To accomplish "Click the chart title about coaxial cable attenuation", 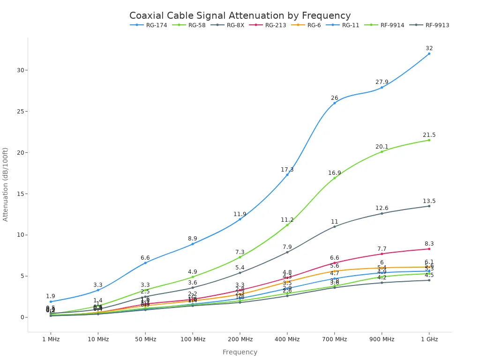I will pyautogui.click(x=240, y=15).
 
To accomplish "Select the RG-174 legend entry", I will pyautogui.click(x=154, y=25).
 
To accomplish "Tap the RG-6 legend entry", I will pyautogui.click(x=314, y=25).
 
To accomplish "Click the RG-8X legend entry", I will pyautogui.click(x=235, y=25).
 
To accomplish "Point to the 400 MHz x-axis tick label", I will pyautogui.click(x=287, y=339).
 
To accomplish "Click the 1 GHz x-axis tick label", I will pyautogui.click(x=429, y=339).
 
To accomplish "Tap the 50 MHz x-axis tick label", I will pyautogui.click(x=145, y=339).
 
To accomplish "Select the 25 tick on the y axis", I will pyautogui.click(x=20, y=112).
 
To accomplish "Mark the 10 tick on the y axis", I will pyautogui.click(x=20, y=235).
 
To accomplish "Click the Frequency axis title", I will pyautogui.click(x=240, y=352).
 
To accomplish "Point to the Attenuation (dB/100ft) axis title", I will pyautogui.click(x=6, y=184).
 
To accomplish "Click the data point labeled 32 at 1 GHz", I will pyautogui.click(x=429, y=53).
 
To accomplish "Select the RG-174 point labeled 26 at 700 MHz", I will pyautogui.click(x=334, y=103).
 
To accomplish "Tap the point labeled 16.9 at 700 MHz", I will pyautogui.click(x=334, y=178).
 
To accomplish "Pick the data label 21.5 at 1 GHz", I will pyautogui.click(x=429, y=135).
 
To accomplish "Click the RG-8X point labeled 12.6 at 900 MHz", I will pyautogui.click(x=382, y=213).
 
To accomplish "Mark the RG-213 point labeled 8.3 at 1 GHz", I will pyautogui.click(x=429, y=249).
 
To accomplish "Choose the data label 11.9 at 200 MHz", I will pyautogui.click(x=240, y=214).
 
